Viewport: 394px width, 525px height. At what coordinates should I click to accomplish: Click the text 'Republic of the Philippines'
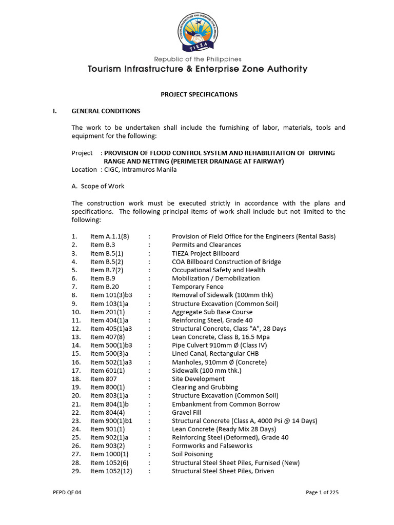coord(198,59)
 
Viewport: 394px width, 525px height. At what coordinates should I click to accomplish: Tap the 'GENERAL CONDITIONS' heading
coord(106,111)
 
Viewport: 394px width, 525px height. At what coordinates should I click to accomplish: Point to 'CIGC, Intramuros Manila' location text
coord(139,170)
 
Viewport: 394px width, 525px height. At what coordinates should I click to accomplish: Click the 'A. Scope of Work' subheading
coord(97,186)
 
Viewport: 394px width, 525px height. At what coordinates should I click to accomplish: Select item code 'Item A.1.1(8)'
coord(110,236)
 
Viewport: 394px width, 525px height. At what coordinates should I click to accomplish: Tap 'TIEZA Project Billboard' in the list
coord(205,253)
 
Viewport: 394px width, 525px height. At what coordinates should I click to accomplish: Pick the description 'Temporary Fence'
coord(195,287)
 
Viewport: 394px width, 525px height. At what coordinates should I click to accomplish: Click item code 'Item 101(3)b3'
coord(111,295)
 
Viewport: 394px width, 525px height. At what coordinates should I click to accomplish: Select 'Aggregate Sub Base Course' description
coord(212,312)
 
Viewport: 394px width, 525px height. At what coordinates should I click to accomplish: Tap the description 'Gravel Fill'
coord(187,412)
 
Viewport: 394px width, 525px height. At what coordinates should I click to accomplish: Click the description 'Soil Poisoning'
coord(192,454)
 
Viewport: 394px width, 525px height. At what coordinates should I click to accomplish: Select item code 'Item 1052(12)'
coord(111,471)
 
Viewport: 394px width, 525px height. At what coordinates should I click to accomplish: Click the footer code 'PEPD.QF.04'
coord(67,493)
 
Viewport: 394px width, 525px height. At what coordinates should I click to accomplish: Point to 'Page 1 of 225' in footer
coord(322,493)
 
